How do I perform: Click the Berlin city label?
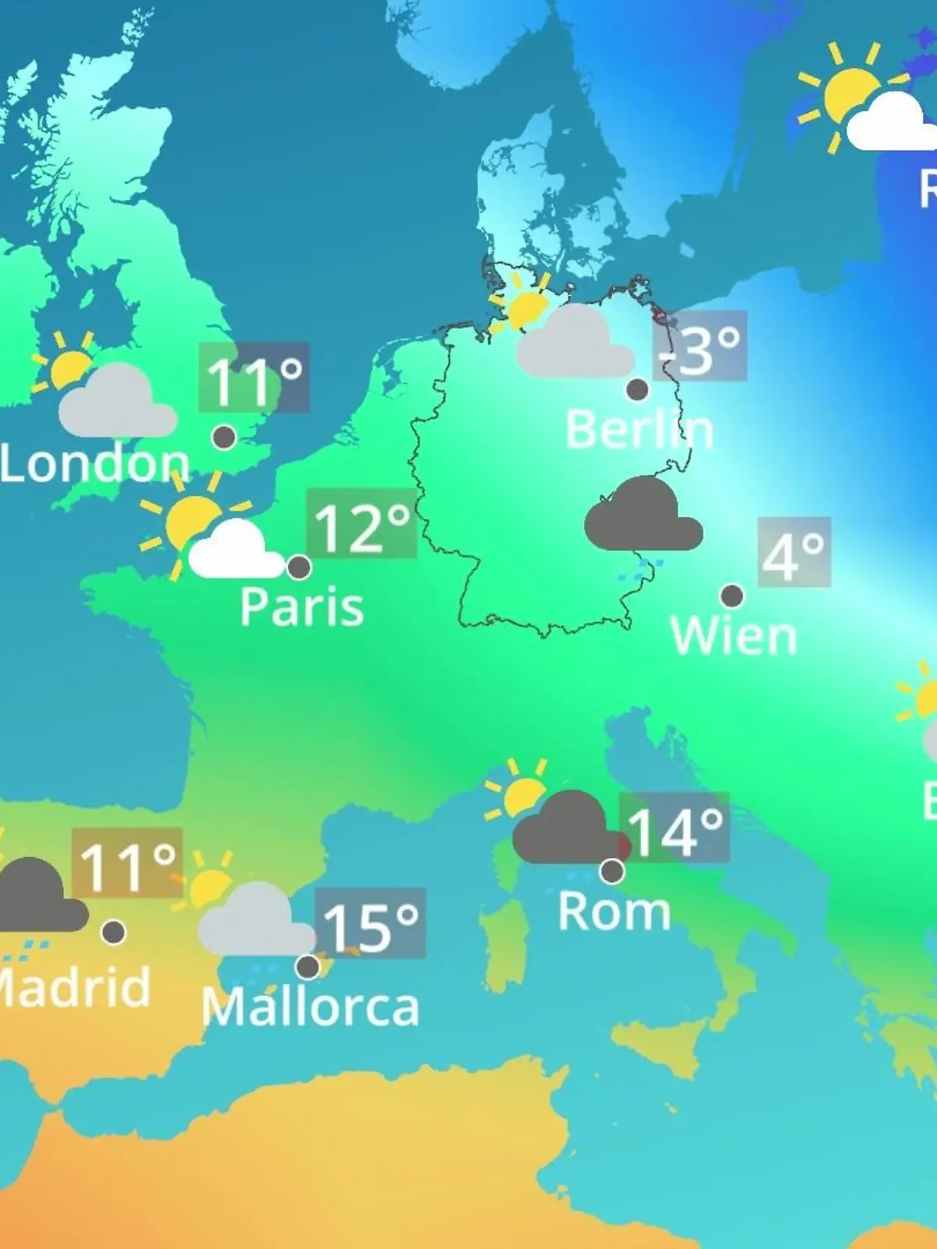(x=639, y=429)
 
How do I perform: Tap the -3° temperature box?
(x=700, y=347)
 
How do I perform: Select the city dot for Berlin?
(x=637, y=389)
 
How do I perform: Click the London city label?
(x=94, y=464)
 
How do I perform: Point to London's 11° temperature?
(x=254, y=378)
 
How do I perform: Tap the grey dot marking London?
(x=224, y=437)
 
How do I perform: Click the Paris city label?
(x=301, y=607)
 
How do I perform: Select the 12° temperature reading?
(x=362, y=525)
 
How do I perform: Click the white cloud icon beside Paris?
(x=235, y=552)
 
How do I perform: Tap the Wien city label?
(x=733, y=636)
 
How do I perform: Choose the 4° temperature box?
(x=793, y=553)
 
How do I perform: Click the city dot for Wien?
(x=732, y=596)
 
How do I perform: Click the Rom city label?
(x=614, y=912)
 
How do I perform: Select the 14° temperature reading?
(x=675, y=829)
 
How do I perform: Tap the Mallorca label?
(x=310, y=1007)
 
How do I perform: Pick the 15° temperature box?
(x=370, y=924)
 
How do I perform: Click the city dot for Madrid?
(x=113, y=932)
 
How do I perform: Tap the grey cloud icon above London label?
(x=117, y=403)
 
